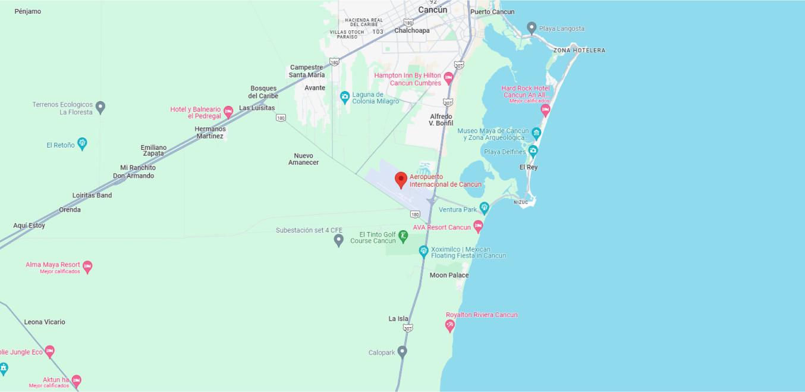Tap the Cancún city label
(432, 10)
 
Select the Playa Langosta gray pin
(532, 27)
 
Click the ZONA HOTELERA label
(579, 51)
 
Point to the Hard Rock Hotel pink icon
(545, 110)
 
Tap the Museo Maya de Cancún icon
(536, 133)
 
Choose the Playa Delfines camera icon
(533, 151)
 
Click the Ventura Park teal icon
(485, 208)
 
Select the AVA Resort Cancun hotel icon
(478, 226)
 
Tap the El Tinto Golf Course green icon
(403, 236)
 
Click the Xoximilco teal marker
(424, 251)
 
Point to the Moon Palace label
(449, 275)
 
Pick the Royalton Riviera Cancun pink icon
(450, 325)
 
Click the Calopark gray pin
(402, 352)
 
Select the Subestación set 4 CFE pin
(339, 240)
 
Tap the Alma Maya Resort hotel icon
(87, 266)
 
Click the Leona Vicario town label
(45, 322)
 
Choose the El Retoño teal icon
(82, 143)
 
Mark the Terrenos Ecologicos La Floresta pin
(100, 107)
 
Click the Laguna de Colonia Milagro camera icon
(344, 96)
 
